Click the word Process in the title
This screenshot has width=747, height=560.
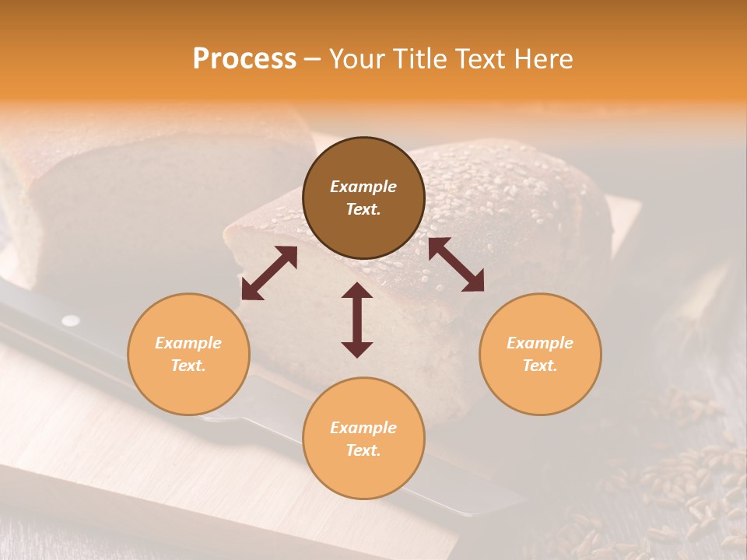[244, 59]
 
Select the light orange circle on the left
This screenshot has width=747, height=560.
[188, 354]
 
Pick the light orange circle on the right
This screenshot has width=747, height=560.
[540, 354]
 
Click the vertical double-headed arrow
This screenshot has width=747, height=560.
[357, 320]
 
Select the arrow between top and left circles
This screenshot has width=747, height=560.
[269, 273]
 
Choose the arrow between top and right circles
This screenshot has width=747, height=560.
[456, 264]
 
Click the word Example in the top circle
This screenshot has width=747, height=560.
[363, 187]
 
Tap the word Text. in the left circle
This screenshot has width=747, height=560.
[188, 366]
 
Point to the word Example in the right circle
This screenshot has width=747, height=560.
[540, 343]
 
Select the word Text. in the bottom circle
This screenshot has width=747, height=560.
[363, 450]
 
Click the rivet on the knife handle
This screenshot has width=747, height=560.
[71, 320]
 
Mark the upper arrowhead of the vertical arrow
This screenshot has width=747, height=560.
[357, 290]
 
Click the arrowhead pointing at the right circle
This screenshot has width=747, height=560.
[473, 282]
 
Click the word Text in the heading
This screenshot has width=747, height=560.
[482, 59]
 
